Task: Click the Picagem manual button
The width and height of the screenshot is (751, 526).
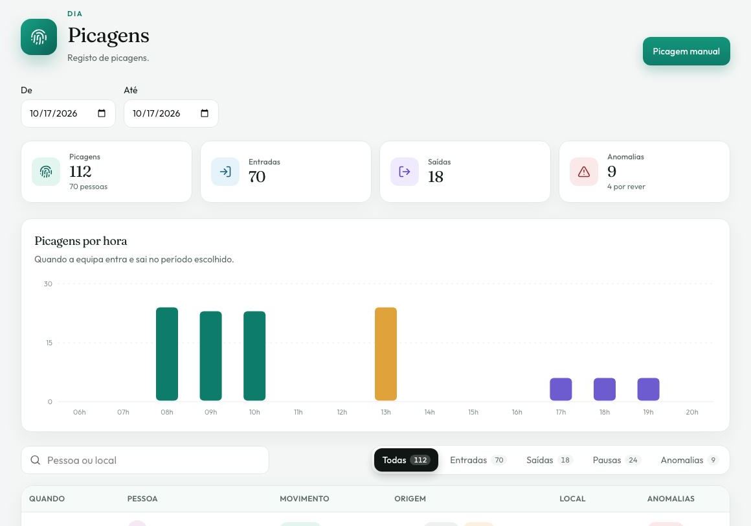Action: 686,51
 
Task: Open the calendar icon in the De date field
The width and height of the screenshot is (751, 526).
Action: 102,113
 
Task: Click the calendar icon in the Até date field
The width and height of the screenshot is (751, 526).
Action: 205,113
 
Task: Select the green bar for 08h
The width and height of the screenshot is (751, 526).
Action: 166,354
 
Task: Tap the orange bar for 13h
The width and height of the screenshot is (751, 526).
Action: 386,354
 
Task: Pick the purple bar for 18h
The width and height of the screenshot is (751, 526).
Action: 605,389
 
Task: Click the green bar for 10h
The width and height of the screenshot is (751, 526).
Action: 254,356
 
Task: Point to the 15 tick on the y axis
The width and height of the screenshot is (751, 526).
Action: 49,343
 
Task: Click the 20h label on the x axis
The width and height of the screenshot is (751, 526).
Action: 691,412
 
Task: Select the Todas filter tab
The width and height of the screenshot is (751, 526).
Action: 406,460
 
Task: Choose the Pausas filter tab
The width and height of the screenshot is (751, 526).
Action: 616,460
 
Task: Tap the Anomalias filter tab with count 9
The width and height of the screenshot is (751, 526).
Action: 688,460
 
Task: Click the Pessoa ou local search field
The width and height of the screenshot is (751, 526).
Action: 144,461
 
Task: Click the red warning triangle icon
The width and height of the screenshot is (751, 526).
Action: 583,172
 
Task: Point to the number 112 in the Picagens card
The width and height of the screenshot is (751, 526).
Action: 80,172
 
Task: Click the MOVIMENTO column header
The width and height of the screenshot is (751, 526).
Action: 304,499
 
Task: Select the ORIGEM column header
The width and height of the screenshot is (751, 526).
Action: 410,499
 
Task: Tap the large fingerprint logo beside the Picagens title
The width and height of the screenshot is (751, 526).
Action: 39,37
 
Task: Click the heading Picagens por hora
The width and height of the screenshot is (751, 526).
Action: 80,241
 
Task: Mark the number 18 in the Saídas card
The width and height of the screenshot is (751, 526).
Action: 435,177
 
